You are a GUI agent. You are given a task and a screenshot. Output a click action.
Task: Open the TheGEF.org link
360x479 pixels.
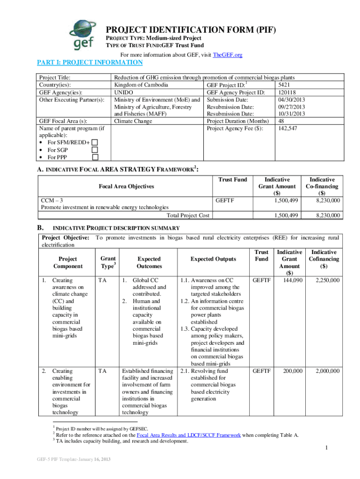tap(227, 55)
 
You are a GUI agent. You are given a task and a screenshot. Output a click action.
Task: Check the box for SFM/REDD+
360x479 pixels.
tap(94, 142)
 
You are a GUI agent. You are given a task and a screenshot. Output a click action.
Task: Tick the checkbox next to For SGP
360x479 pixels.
tap(94, 150)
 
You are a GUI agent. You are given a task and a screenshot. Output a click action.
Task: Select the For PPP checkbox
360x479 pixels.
tap(94, 157)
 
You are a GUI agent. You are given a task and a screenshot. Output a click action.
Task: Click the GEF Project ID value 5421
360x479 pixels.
tap(284, 85)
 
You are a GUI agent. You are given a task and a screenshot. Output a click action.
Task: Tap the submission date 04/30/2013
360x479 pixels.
tap(291, 99)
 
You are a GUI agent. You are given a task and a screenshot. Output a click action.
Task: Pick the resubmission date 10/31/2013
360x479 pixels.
tap(291, 114)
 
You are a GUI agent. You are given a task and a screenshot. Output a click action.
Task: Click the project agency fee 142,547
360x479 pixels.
tap(288, 128)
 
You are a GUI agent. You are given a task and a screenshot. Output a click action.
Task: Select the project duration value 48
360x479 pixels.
tap(281, 121)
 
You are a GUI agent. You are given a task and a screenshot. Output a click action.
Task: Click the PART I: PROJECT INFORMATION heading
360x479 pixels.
tap(90, 62)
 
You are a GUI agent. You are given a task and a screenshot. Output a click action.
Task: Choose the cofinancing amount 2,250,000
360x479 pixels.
tap(327, 280)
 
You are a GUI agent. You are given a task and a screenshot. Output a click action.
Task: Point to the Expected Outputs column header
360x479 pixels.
tap(213, 259)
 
